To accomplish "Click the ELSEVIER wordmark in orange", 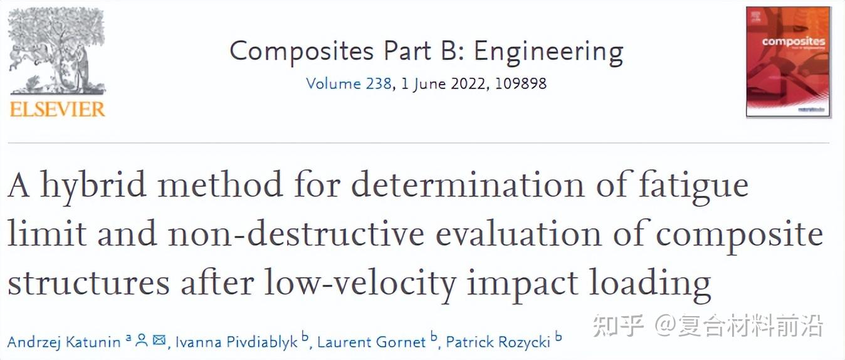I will pos(57,110).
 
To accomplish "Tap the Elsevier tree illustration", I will pos(57,51).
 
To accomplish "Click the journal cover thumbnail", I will pos(788,61).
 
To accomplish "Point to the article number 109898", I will pos(520,83).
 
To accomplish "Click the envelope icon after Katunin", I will pos(159,341).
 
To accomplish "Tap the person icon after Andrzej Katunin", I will pos(142,341).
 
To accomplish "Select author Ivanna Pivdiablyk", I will pos(236,342).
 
